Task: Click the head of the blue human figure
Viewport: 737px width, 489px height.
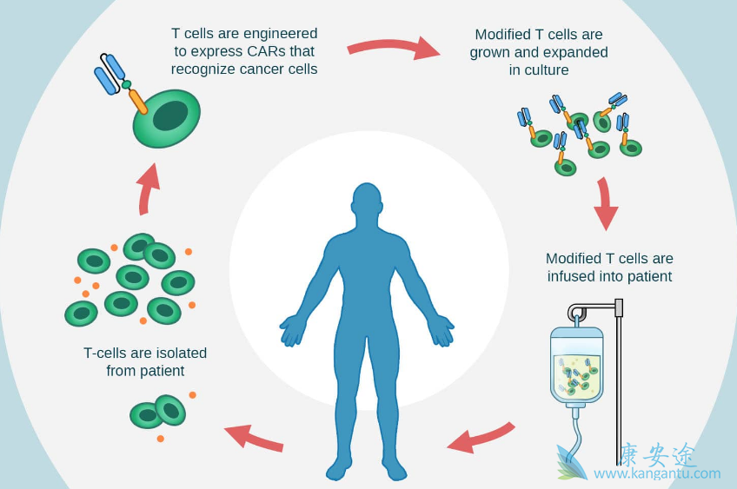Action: click(x=367, y=204)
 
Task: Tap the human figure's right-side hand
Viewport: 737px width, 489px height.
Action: click(x=441, y=330)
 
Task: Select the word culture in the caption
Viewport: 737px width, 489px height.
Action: click(x=539, y=70)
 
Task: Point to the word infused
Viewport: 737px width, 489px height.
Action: click(x=572, y=277)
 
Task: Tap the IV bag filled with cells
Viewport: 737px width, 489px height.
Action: click(x=577, y=365)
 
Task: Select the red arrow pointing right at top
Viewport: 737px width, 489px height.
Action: click(x=394, y=47)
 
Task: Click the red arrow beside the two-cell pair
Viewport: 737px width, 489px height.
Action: click(x=254, y=436)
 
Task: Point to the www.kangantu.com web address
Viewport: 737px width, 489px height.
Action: click(x=657, y=474)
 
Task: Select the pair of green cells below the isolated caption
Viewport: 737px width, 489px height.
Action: click(x=158, y=413)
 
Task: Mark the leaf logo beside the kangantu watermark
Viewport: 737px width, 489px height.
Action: click(x=571, y=463)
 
